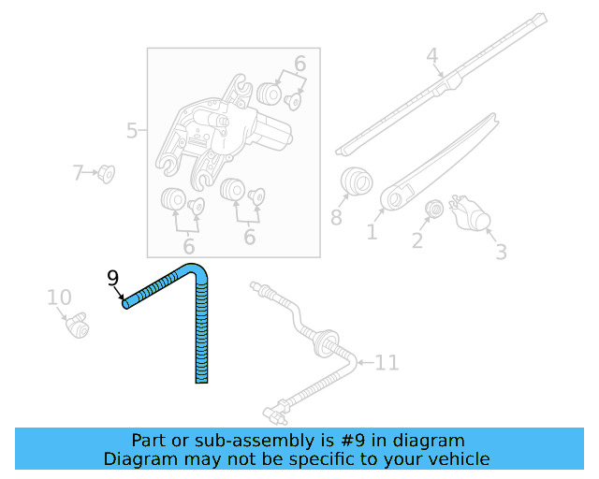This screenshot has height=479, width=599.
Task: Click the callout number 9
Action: coord(112,278)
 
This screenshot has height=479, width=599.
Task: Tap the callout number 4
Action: coord(432,56)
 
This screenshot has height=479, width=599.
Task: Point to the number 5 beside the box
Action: coord(132,131)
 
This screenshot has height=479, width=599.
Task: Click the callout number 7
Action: coord(79,172)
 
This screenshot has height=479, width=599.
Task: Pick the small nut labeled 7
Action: coord(107,174)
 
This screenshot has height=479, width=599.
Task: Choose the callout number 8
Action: coord(336,219)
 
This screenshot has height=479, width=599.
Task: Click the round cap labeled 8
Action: coord(354,181)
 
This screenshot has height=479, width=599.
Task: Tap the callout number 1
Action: coord(372,230)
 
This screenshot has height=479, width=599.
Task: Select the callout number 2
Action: coord(417,241)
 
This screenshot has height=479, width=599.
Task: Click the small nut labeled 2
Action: coord(433,210)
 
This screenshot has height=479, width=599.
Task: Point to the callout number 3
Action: coord(501,252)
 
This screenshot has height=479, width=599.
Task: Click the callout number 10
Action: coord(59,298)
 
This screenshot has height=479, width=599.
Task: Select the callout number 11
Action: coord(387,362)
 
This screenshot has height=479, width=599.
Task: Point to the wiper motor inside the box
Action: coord(225,131)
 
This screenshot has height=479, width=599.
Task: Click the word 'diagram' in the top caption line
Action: coord(430,441)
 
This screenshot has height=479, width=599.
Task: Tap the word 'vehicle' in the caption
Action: coord(455,459)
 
